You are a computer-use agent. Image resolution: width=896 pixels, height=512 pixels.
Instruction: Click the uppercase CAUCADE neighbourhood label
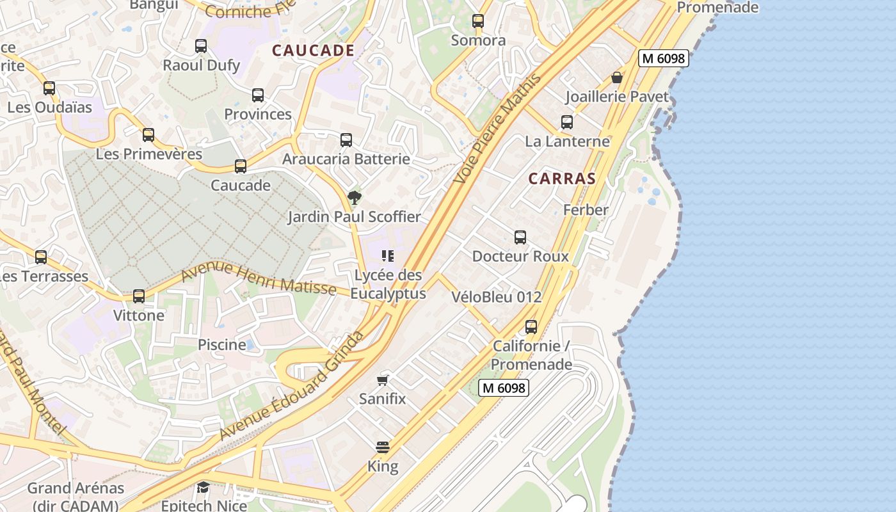click(x=313, y=51)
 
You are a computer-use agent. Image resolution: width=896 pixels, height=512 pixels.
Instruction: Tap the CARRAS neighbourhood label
click(x=562, y=179)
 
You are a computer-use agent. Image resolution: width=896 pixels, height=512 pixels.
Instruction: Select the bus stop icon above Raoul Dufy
click(x=201, y=46)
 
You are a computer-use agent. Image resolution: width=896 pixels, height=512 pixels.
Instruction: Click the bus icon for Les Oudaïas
click(x=49, y=88)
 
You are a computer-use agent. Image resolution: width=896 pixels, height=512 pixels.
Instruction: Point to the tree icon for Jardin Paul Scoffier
click(x=354, y=198)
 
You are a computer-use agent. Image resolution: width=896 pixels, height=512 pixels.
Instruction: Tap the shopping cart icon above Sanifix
click(x=383, y=381)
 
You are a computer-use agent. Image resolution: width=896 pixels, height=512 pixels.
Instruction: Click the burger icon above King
click(x=383, y=447)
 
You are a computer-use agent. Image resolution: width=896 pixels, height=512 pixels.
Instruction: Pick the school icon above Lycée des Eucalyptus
click(x=387, y=256)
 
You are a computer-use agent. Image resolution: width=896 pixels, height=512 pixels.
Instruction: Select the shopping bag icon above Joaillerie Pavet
click(x=617, y=78)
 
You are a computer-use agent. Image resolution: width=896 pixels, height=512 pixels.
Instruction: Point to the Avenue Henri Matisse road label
click(x=259, y=280)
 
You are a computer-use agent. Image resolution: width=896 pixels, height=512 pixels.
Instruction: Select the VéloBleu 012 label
click(x=497, y=297)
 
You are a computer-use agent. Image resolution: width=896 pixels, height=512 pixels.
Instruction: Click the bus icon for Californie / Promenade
click(x=531, y=327)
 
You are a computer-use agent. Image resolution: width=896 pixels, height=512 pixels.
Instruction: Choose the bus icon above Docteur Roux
click(x=520, y=237)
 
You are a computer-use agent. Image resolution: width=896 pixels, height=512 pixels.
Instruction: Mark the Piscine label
click(x=222, y=344)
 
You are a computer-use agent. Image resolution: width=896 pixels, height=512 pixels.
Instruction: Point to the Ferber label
click(x=586, y=210)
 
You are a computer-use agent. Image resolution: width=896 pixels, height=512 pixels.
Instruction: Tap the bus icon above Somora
click(x=478, y=21)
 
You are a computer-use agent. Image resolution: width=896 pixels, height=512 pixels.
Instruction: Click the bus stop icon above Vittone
click(x=139, y=296)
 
